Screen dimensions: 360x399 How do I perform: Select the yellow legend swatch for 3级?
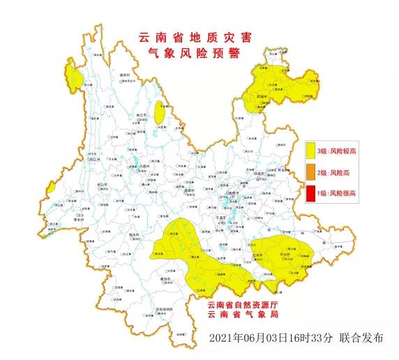point(310,151)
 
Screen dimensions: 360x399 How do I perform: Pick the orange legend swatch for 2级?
point(310,172)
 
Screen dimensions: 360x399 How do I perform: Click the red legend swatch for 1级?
point(310,193)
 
